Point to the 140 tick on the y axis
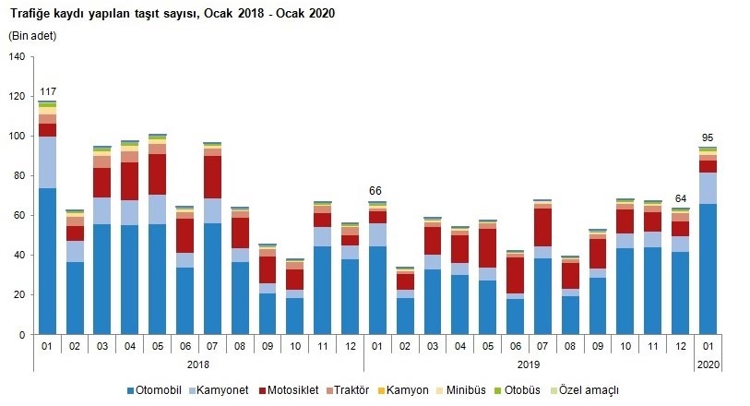click(x=16, y=57)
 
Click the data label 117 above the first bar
click(x=48, y=92)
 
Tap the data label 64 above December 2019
click(x=681, y=198)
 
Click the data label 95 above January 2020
click(x=708, y=137)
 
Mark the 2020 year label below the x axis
click(x=708, y=366)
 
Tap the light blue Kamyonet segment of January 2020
click(x=708, y=188)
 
